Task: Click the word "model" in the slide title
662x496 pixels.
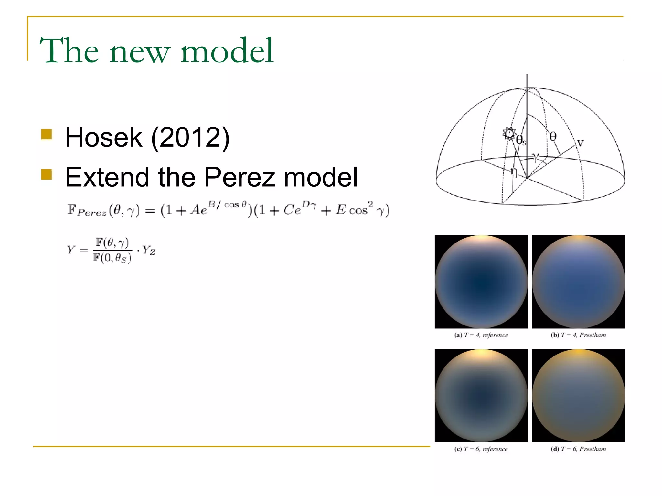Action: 227,51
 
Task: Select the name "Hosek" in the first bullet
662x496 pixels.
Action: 103,137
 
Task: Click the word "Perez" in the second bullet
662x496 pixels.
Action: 240,177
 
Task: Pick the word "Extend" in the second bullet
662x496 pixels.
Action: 107,177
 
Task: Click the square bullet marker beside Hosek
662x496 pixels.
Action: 47,134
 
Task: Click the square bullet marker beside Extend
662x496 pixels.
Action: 47,174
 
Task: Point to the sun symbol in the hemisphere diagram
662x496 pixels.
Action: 509,133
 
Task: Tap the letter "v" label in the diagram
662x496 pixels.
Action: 580,143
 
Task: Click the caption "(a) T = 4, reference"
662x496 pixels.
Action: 481,335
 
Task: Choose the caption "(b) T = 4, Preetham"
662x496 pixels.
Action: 578,335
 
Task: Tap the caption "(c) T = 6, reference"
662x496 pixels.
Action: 481,449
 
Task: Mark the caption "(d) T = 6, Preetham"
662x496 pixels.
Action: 578,449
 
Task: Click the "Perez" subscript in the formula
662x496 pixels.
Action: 92,213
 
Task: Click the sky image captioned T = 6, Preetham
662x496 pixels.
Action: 578,396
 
